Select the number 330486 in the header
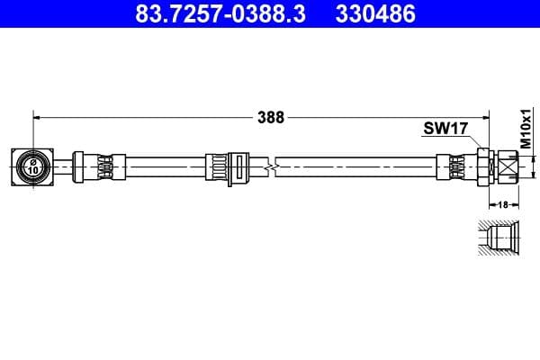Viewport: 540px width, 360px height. pos(376,14)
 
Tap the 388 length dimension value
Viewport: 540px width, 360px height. pos(271,116)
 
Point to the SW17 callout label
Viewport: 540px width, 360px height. pos(445,129)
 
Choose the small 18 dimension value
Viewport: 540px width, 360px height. pos(504,204)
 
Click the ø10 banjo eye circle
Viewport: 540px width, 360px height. pos(31,166)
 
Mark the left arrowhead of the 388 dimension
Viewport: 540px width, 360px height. pos(37,116)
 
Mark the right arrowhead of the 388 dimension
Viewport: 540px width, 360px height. pos(485,116)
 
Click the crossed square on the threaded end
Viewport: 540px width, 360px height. pos(508,166)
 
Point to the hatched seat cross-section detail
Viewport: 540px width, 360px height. pos(498,238)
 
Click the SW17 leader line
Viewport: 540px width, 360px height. pos(475,141)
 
